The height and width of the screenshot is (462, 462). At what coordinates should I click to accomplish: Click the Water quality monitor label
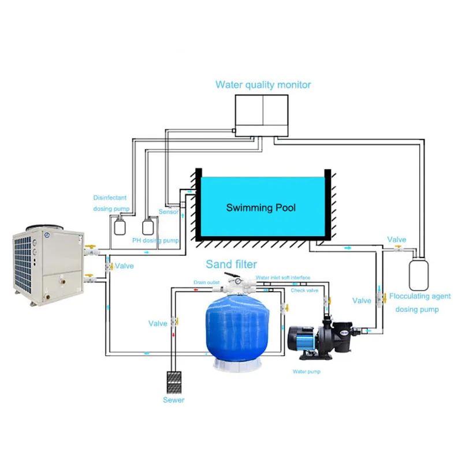(x=263, y=85)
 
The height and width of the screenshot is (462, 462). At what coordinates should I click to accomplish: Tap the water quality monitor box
(x=263, y=116)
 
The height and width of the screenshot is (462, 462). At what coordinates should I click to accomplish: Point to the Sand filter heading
(x=232, y=264)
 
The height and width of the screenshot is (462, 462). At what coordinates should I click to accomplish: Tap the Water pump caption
(x=307, y=371)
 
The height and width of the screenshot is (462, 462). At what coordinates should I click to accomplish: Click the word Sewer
(x=173, y=400)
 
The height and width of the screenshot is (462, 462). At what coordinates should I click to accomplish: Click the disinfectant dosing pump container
(x=120, y=223)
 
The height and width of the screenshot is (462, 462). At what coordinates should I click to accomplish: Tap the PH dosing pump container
(x=150, y=225)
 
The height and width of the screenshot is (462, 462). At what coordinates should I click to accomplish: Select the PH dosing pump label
(x=155, y=240)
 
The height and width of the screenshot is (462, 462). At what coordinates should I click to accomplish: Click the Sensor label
(x=169, y=212)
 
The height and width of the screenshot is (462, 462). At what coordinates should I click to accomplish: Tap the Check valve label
(x=304, y=290)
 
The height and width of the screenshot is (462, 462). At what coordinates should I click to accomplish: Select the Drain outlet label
(x=207, y=282)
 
